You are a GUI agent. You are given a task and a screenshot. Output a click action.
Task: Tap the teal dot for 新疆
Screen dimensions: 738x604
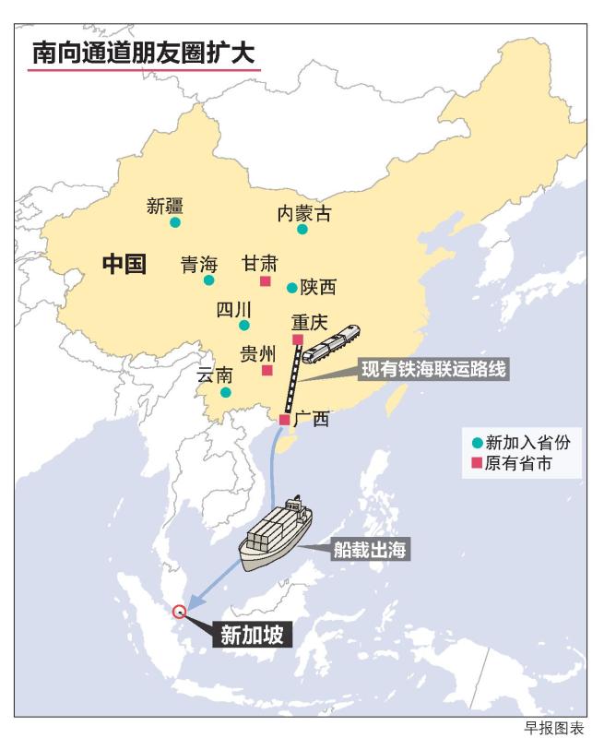pyautogui.click(x=175, y=222)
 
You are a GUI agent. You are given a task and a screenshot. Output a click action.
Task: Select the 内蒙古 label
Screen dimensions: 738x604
pyautogui.click(x=304, y=214)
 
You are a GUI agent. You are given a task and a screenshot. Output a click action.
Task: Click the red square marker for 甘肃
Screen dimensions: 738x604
pyautogui.click(x=266, y=281)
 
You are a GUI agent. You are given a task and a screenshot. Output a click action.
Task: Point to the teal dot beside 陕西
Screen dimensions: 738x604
pyautogui.click(x=292, y=288)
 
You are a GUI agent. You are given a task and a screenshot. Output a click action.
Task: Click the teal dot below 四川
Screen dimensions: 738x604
pyautogui.click(x=244, y=325)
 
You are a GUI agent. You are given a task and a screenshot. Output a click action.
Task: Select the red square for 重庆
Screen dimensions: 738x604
pyautogui.click(x=298, y=339)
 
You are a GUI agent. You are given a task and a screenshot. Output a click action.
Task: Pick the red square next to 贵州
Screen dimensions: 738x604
pyautogui.click(x=267, y=371)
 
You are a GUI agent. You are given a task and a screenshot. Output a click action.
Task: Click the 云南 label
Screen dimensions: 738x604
pyautogui.click(x=215, y=375)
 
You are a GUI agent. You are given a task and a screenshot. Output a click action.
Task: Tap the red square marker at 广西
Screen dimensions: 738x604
pyautogui.click(x=285, y=420)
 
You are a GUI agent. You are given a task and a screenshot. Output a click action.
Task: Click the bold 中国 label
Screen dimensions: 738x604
pyautogui.click(x=124, y=265)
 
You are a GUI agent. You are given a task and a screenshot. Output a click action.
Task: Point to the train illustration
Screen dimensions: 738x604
pyautogui.click(x=330, y=344)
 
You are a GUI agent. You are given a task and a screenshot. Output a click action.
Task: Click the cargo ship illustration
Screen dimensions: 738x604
pyautogui.click(x=275, y=534)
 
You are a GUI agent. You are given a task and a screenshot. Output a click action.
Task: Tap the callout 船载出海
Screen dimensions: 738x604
pyautogui.click(x=371, y=550)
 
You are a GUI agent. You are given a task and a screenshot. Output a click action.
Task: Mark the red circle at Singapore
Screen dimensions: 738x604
pyautogui.click(x=179, y=610)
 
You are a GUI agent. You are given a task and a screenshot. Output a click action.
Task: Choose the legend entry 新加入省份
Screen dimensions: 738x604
pyautogui.click(x=521, y=442)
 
